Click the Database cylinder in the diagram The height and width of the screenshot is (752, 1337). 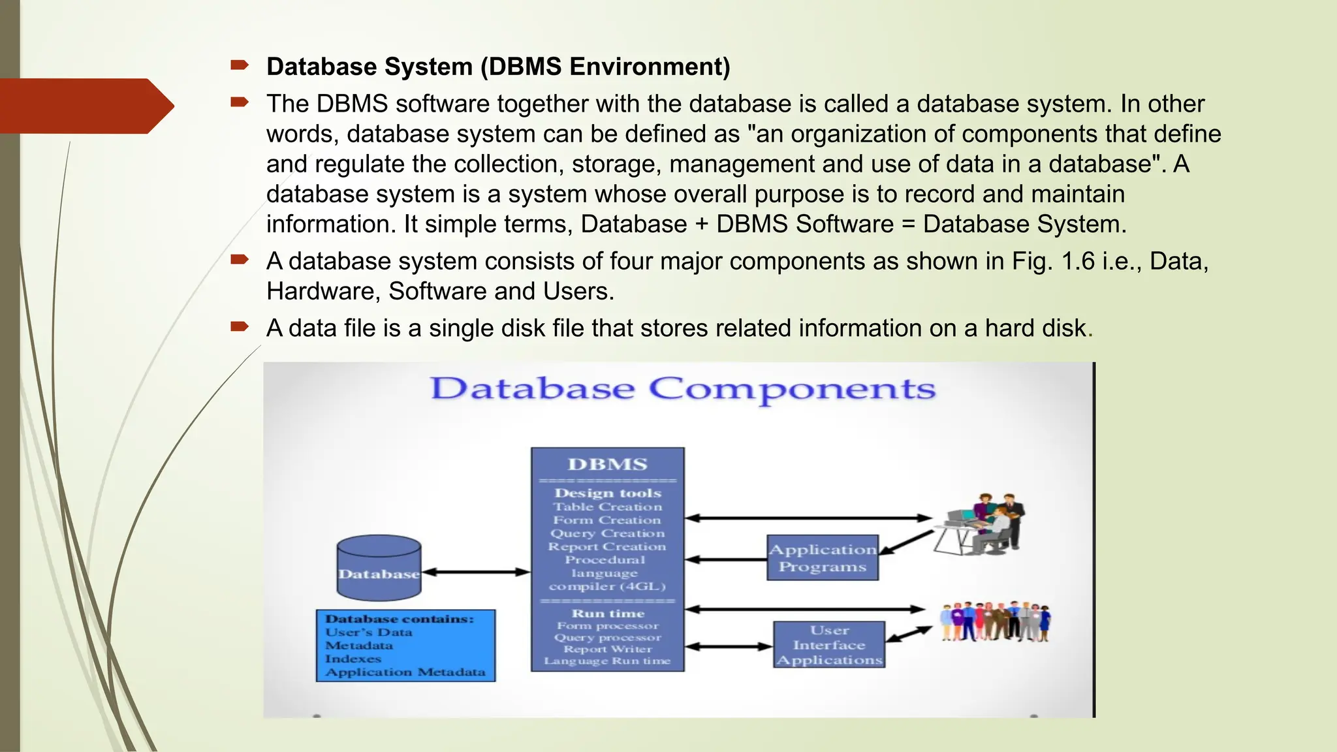pos(379,568)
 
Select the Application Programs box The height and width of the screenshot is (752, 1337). pos(823,558)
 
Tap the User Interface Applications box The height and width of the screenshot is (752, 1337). pos(829,645)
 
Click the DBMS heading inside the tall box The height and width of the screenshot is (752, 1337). pos(607,465)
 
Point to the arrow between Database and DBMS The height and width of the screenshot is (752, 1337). pos(476,572)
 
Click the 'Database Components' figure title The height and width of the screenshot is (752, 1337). pos(682,390)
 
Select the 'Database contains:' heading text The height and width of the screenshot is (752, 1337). pos(400,619)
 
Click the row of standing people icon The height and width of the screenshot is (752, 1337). pos(995,621)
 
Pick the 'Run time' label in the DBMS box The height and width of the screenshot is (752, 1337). pos(608,614)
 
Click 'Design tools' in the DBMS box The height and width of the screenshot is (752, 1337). pos(608,493)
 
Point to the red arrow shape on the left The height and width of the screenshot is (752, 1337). pos(85,106)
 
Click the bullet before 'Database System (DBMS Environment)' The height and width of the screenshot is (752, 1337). pos(240,65)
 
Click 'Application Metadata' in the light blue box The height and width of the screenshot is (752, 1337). pos(405,672)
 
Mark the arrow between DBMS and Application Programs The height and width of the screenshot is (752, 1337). pos(725,560)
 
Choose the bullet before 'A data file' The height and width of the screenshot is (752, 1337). pos(240,326)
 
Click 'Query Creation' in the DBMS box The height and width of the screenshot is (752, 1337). pos(607,533)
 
